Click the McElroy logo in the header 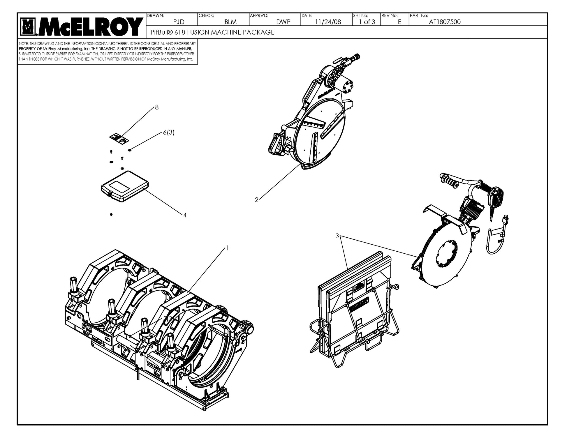click(82, 26)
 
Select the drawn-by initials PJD click(179, 22)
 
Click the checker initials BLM click(230, 22)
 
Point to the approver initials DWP click(283, 22)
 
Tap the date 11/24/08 click(328, 22)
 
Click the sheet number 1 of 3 click(367, 22)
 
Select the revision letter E click(399, 22)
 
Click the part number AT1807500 click(445, 22)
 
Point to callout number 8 click(157, 107)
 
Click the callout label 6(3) click(169, 133)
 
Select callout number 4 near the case click(185, 215)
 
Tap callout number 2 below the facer click(256, 200)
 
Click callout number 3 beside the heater click(337, 236)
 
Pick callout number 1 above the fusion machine click(227, 248)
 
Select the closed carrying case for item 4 click(125, 186)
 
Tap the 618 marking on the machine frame click(87, 328)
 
